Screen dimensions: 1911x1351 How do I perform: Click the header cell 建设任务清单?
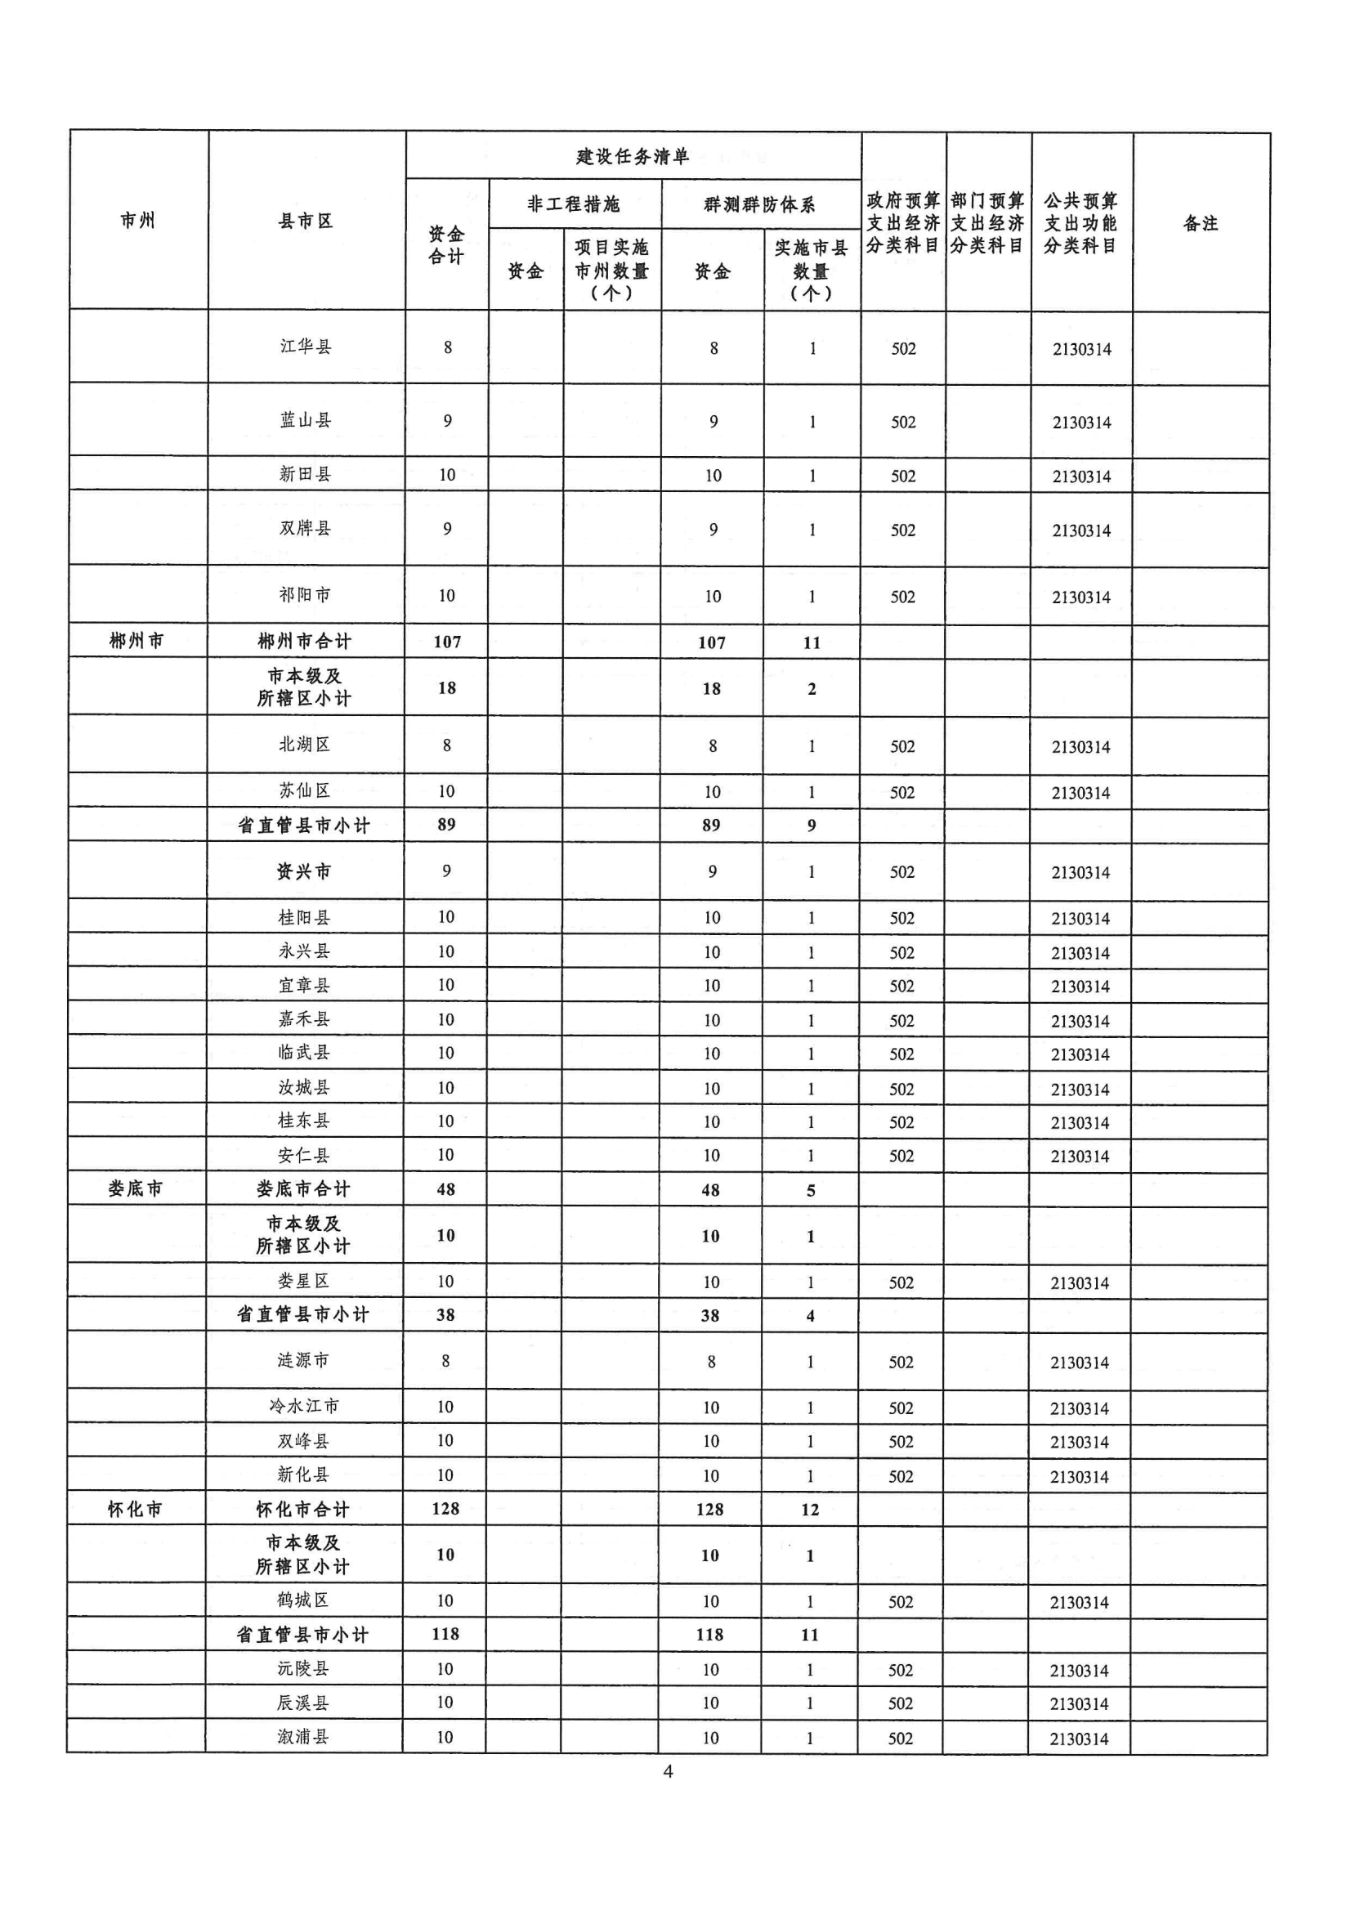click(x=633, y=156)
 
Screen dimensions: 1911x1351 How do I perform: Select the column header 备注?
click(x=1201, y=223)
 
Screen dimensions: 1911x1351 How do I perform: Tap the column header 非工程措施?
click(x=574, y=204)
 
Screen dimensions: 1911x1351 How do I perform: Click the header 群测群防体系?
click(x=759, y=204)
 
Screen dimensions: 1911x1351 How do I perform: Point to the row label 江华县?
click(x=306, y=347)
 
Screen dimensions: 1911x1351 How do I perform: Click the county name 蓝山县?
click(x=306, y=420)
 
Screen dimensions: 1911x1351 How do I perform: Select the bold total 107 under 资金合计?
click(x=447, y=642)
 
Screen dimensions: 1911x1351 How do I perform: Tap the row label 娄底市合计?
click(x=304, y=1188)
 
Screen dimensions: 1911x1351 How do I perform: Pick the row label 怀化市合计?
click(x=303, y=1509)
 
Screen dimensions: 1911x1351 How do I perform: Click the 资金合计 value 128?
click(x=445, y=1508)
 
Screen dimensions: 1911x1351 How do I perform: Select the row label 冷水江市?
click(x=304, y=1406)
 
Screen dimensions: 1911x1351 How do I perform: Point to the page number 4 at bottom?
click(x=668, y=1771)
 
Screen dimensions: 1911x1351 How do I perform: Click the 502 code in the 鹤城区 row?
click(x=901, y=1601)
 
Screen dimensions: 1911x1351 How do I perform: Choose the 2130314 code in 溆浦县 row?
click(x=1079, y=1739)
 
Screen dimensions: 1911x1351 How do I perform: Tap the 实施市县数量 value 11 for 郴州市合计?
click(x=812, y=642)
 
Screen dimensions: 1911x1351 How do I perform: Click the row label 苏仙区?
click(x=305, y=790)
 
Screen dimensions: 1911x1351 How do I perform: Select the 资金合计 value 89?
click(x=446, y=824)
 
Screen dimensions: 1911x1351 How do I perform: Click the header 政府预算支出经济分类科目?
click(x=902, y=223)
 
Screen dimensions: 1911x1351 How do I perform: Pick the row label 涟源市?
click(x=304, y=1360)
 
